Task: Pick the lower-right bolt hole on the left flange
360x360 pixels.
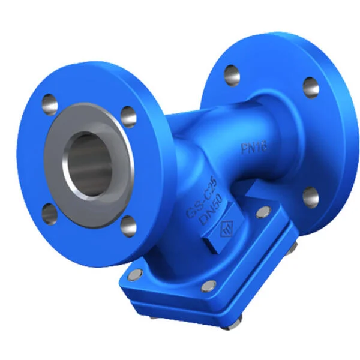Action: [128, 226]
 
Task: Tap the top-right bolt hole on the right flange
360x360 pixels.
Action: [310, 86]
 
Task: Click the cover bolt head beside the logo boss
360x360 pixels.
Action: [262, 212]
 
